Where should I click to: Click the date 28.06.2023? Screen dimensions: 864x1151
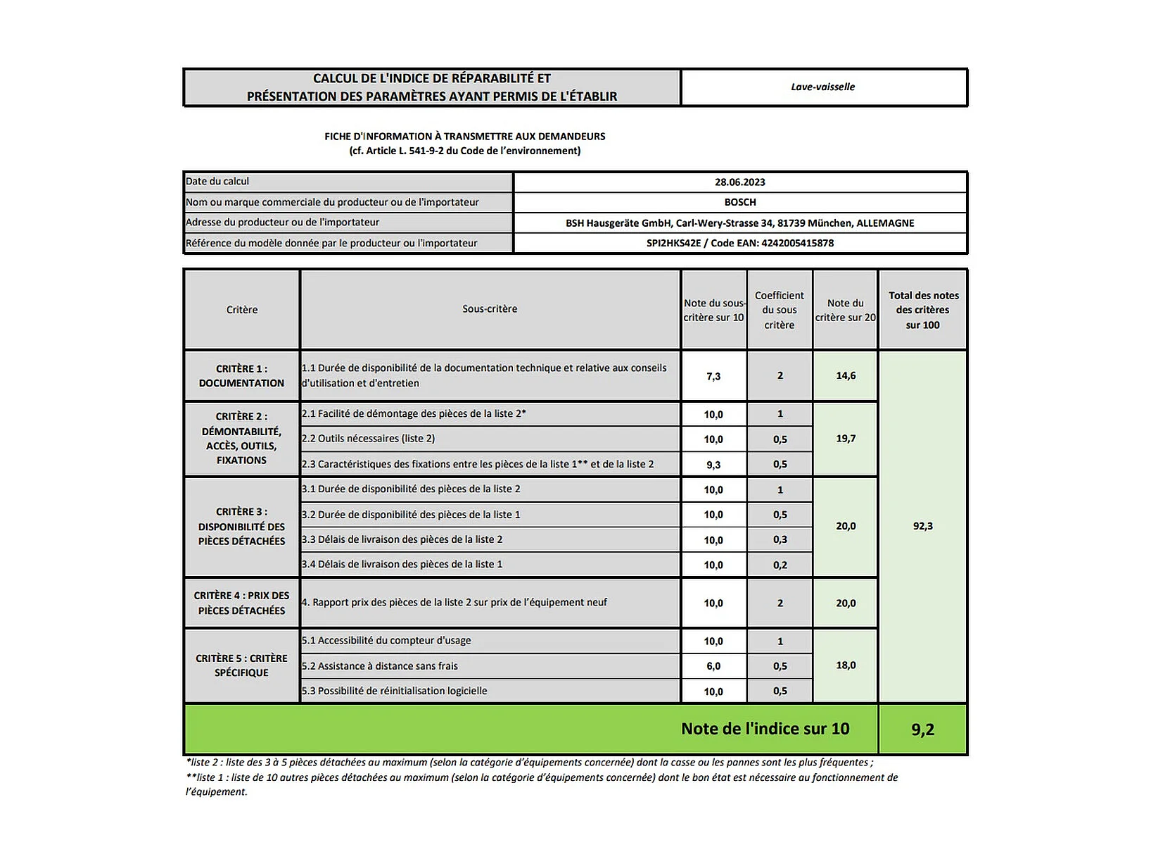pyautogui.click(x=739, y=182)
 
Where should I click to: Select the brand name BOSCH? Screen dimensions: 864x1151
pyautogui.click(x=739, y=202)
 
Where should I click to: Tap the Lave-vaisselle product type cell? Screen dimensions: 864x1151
pyautogui.click(x=822, y=87)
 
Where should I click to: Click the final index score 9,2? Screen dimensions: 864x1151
pyautogui.click(x=922, y=730)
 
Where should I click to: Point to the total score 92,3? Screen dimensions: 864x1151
pyautogui.click(x=922, y=526)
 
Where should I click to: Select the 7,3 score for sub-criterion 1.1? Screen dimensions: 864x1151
pyautogui.click(x=713, y=376)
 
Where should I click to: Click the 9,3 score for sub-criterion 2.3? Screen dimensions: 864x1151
pyautogui.click(x=713, y=465)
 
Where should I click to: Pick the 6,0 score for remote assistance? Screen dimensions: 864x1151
pyautogui.click(x=713, y=666)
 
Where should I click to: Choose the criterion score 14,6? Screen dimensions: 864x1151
pyautogui.click(x=846, y=376)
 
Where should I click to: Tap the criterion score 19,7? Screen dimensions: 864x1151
pyautogui.click(x=846, y=439)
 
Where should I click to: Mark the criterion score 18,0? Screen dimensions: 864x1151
pyautogui.click(x=846, y=665)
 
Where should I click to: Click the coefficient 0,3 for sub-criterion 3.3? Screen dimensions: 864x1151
pyautogui.click(x=780, y=540)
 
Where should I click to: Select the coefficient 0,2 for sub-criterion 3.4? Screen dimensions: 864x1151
pyautogui.click(x=780, y=565)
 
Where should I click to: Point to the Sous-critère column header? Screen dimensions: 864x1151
pyautogui.click(x=490, y=309)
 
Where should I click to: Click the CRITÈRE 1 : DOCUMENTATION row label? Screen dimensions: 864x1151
pyautogui.click(x=241, y=376)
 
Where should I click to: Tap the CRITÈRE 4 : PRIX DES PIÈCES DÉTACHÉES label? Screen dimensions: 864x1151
pyautogui.click(x=241, y=603)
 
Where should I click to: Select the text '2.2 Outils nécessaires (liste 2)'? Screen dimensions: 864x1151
pyautogui.click(x=369, y=439)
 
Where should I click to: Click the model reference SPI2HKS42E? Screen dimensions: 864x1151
pyautogui.click(x=673, y=243)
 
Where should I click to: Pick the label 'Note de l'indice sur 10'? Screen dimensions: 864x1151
pyautogui.click(x=765, y=729)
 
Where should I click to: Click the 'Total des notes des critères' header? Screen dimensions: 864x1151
pyautogui.click(x=922, y=310)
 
